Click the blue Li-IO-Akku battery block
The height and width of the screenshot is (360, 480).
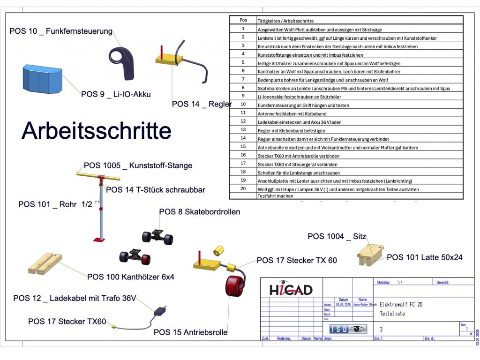42,78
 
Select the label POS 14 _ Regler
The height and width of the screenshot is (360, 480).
202,104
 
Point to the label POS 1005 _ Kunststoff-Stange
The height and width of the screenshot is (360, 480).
138,165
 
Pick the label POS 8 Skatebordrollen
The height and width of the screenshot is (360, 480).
200,212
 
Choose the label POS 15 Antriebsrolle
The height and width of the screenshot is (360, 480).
190,332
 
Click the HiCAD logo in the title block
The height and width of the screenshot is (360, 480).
291,289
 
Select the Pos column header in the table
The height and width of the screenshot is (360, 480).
243,20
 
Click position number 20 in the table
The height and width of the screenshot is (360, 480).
243,189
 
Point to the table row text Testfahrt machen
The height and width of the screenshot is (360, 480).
275,196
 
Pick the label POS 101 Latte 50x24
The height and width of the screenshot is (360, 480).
424,257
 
